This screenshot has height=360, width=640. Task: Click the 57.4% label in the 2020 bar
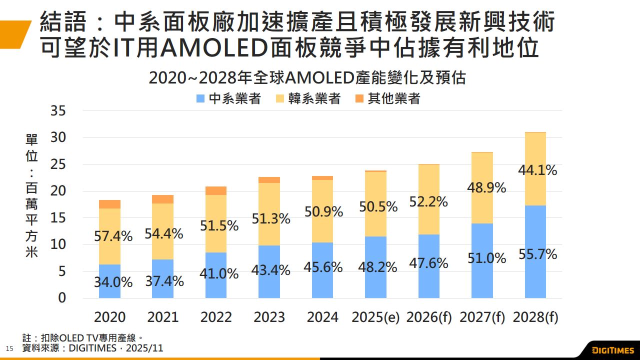[x=113, y=236]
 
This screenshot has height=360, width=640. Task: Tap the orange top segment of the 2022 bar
[x=216, y=190]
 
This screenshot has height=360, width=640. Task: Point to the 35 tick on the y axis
[x=58, y=111]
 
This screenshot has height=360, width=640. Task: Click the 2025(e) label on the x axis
[x=375, y=317]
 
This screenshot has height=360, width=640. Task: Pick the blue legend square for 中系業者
[x=201, y=99]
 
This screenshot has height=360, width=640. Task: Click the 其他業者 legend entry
[x=394, y=99]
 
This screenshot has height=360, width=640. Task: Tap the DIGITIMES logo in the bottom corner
[x=612, y=350]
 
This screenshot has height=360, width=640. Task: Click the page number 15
[x=8, y=348]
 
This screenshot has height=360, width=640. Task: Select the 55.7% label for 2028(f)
[x=538, y=254]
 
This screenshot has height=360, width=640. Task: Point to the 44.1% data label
[x=538, y=170]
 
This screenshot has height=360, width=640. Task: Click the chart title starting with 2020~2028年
[x=307, y=78]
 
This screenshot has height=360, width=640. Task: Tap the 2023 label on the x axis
[x=269, y=317]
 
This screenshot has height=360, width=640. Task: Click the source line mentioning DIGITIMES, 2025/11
[x=93, y=348]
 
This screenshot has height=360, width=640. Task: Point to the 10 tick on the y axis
[x=58, y=244]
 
